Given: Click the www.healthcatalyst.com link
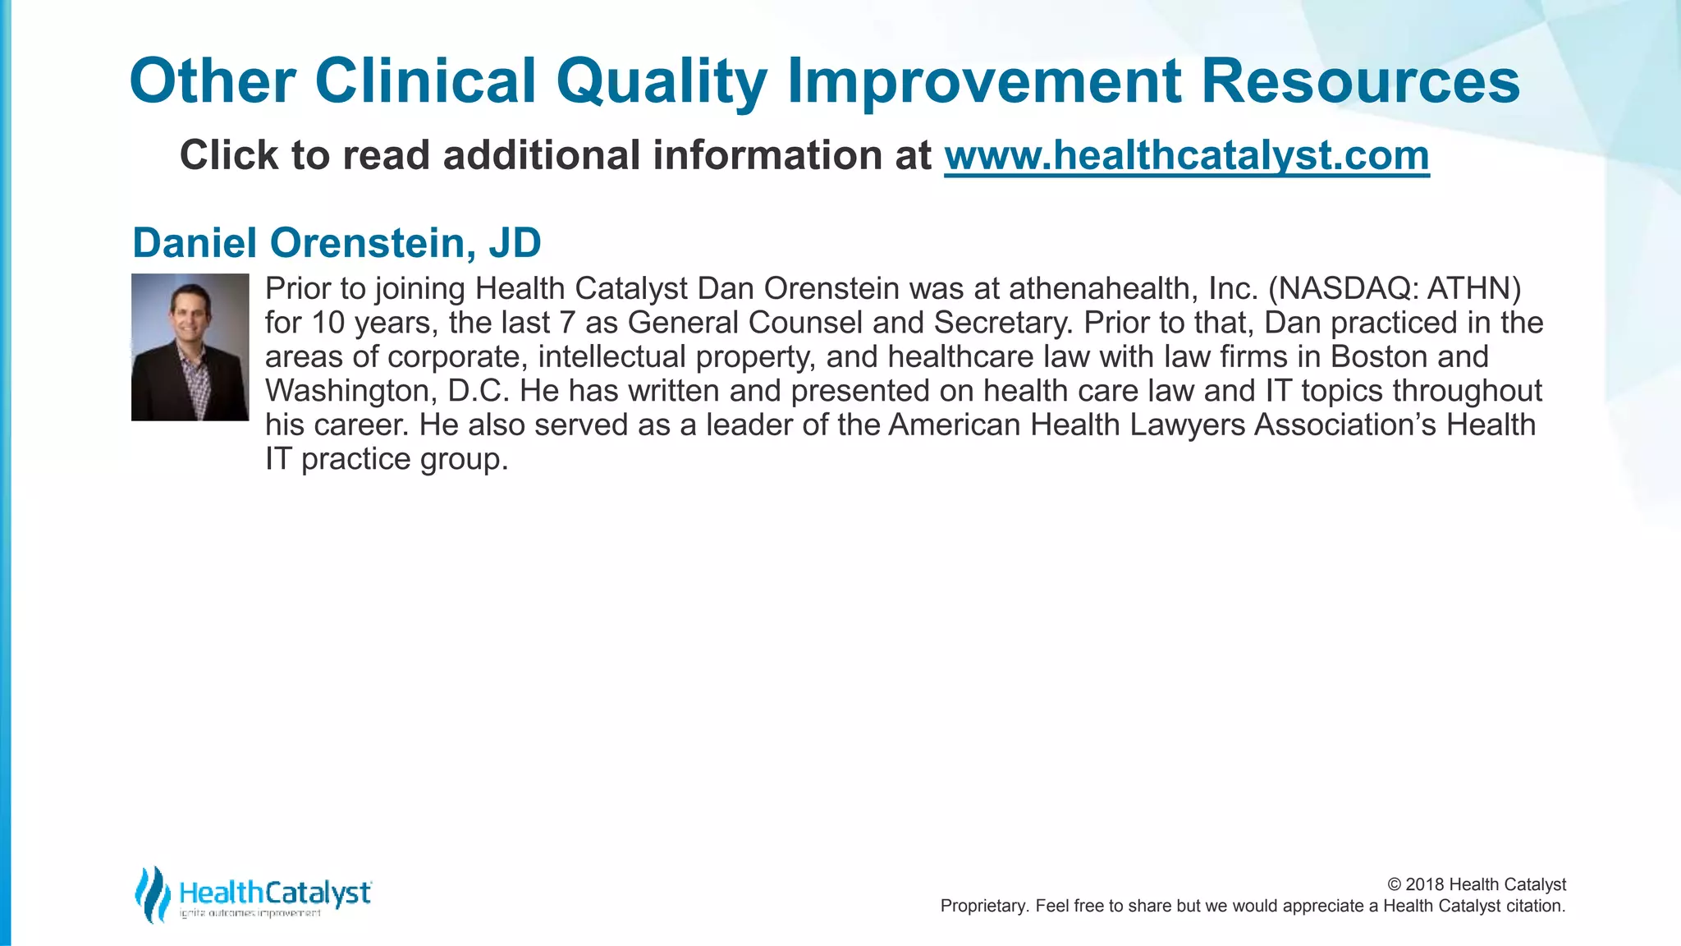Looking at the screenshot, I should click(1186, 156).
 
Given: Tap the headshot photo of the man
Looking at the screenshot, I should click(190, 347).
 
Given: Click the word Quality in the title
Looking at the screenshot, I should click(661, 82).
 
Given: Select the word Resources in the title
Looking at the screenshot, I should click(1360, 82).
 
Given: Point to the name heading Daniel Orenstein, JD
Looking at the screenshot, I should click(337, 243).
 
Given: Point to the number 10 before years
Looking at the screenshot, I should click(327, 323).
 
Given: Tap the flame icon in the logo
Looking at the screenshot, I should click(152, 894).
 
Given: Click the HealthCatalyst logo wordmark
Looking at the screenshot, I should click(275, 892).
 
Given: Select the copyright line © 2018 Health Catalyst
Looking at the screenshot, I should click(1476, 884).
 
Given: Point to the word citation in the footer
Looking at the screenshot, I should click(1534, 906).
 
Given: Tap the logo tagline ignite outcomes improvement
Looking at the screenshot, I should click(250, 914).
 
